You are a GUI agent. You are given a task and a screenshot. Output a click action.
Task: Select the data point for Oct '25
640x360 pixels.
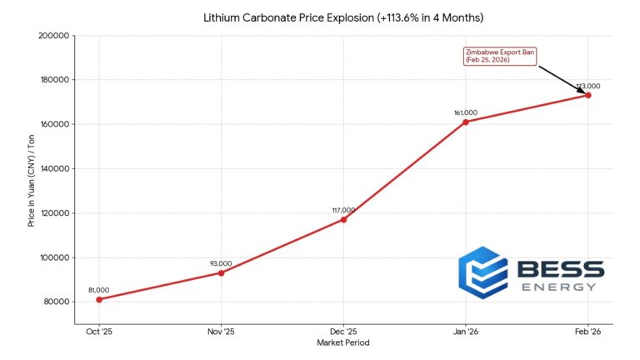(x=99, y=299)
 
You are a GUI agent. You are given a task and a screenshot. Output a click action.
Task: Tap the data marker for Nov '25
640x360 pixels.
(x=221, y=272)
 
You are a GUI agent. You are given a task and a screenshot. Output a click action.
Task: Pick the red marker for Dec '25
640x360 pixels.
(x=343, y=219)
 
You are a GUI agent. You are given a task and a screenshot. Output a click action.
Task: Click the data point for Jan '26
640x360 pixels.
(x=466, y=122)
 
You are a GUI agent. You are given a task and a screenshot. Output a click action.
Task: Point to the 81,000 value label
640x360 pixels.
(x=99, y=290)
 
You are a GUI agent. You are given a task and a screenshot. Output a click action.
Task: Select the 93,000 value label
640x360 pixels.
(x=221, y=263)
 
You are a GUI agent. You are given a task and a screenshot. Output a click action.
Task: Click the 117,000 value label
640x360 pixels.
(x=343, y=210)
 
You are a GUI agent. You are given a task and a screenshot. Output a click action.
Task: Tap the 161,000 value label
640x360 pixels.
(x=466, y=112)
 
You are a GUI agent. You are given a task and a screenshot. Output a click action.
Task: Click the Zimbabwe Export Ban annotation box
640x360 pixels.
(x=498, y=56)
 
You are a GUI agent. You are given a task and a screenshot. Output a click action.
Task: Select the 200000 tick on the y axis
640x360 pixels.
(x=54, y=36)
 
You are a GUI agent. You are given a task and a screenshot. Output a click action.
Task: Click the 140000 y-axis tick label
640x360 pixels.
(x=54, y=168)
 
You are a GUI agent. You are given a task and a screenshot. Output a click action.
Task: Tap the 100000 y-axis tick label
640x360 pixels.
(x=54, y=257)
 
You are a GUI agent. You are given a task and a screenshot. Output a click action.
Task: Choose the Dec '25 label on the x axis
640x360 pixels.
(x=343, y=331)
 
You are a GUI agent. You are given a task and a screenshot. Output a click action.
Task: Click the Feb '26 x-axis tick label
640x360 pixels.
(x=588, y=331)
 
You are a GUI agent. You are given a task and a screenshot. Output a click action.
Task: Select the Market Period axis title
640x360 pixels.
(x=343, y=342)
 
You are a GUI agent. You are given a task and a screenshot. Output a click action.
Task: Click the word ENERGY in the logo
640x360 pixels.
(x=558, y=287)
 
